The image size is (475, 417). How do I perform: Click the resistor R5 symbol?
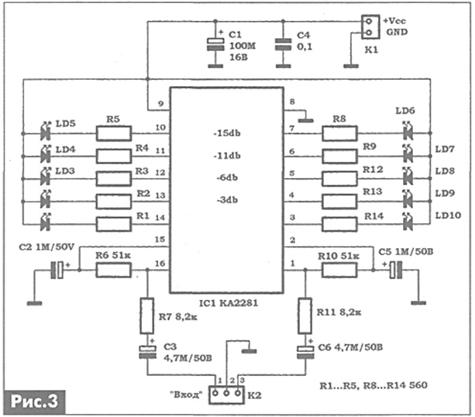(x=114, y=133)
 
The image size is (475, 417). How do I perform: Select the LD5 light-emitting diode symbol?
(x=46, y=132)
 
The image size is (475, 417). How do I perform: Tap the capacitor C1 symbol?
(x=215, y=44)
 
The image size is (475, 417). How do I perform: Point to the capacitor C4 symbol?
(x=283, y=44)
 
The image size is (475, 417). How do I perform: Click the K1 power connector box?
(x=370, y=27)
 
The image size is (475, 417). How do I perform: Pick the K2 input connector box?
(x=226, y=395)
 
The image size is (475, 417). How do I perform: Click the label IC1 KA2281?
(x=229, y=303)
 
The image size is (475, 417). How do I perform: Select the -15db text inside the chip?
(x=227, y=133)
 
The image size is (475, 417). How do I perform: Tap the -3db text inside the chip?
(x=227, y=200)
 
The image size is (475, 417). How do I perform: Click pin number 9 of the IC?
(x=161, y=104)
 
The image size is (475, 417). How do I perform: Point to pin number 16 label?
(x=160, y=264)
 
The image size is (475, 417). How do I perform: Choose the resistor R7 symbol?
(x=147, y=316)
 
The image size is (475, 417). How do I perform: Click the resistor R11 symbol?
(x=305, y=316)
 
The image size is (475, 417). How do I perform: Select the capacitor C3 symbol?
(x=147, y=352)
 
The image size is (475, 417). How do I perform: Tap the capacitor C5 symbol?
(x=396, y=270)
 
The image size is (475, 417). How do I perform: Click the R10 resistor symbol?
(x=339, y=271)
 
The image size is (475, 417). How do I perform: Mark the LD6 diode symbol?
(x=408, y=131)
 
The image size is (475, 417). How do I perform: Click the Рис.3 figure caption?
(x=34, y=401)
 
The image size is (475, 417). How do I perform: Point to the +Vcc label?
(x=394, y=21)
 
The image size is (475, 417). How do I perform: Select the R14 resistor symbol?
(x=339, y=225)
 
